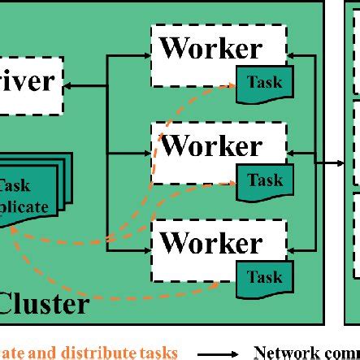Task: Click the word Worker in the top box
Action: pos(211,48)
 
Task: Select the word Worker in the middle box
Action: pos(211,146)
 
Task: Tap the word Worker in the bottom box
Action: pos(211,243)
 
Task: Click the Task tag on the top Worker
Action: pos(264,83)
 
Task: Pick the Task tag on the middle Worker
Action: pos(264,180)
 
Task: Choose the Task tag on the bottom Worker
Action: pos(264,278)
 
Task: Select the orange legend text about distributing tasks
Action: pos(89,353)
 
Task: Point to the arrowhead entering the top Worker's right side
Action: pos(293,54)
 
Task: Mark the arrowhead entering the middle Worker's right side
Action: pos(293,151)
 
